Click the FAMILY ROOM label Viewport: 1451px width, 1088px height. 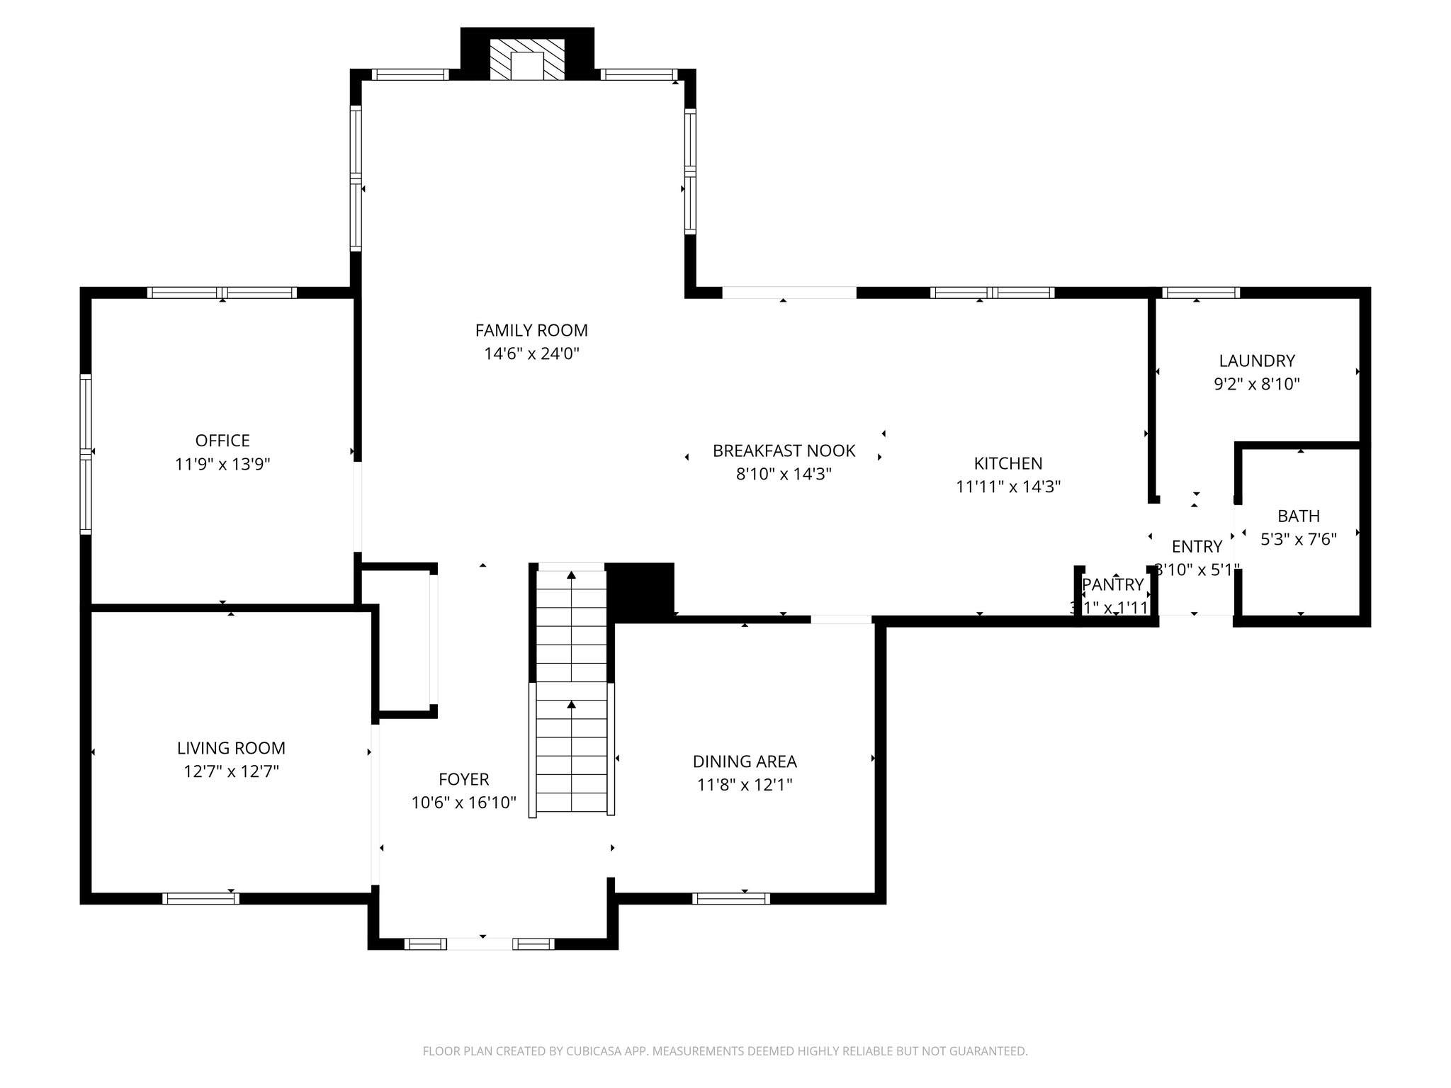click(531, 330)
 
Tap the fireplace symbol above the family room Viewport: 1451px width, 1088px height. click(527, 59)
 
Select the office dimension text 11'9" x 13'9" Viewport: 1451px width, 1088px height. click(222, 465)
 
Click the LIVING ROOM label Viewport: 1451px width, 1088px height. click(231, 748)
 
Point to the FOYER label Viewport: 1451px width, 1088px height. click(463, 779)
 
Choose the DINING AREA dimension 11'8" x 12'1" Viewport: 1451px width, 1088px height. click(745, 785)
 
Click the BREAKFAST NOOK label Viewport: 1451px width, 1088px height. click(784, 450)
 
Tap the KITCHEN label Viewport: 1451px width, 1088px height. click(1007, 463)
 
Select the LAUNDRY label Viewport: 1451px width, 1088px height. click(1256, 361)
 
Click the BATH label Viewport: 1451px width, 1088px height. click(1298, 516)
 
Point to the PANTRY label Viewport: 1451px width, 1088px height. click(1112, 584)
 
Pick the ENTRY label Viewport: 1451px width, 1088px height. click(1197, 546)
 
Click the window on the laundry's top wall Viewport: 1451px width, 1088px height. click(1201, 293)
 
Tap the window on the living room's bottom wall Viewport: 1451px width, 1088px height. click(201, 898)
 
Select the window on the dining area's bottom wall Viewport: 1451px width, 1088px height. click(730, 898)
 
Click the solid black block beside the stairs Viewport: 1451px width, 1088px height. click(640, 590)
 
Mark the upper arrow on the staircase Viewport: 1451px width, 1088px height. click(571, 577)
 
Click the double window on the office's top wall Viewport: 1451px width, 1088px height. click(222, 293)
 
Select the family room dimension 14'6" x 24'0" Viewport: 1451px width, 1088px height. click(531, 353)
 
